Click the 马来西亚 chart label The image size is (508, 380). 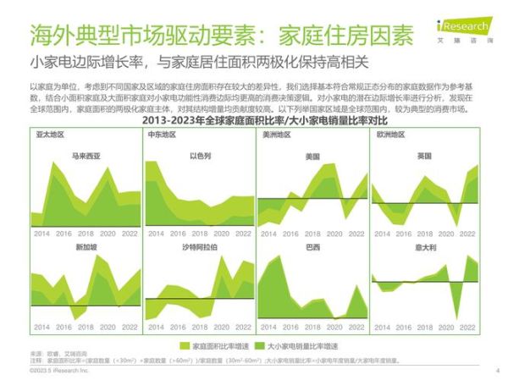[x=87, y=156]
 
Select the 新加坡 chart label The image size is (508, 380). [x=86, y=247]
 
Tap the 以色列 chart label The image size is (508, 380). [x=200, y=156]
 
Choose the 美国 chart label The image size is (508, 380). [x=312, y=156]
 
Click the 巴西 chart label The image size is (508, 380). [x=312, y=247]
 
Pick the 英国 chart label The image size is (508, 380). [x=425, y=156]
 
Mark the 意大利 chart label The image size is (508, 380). [x=424, y=247]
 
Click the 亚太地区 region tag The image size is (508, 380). [x=51, y=135]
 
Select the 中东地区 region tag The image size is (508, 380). [x=162, y=135]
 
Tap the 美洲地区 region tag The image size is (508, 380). [x=276, y=135]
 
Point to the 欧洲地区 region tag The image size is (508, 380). [x=390, y=135]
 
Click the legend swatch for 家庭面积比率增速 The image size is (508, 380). [x=185, y=346]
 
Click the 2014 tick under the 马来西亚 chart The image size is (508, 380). [x=41, y=231]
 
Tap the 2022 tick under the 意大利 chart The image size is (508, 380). [x=469, y=326]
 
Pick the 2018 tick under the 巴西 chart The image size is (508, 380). [x=311, y=326]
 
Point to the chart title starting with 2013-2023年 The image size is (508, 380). [x=254, y=124]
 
